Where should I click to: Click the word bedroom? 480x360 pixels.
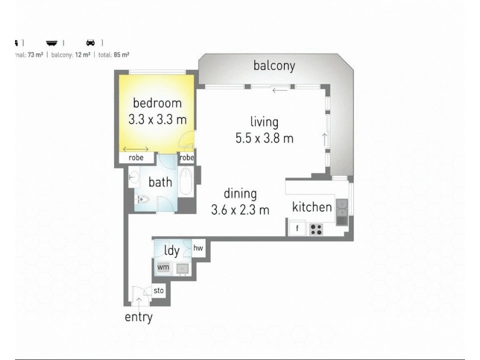click(x=157, y=103)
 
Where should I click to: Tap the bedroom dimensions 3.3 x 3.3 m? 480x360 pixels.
click(x=157, y=119)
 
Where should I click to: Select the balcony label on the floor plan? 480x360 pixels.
click(x=274, y=65)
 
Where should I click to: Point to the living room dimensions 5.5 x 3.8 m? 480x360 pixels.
click(x=265, y=139)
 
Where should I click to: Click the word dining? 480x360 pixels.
click(x=240, y=194)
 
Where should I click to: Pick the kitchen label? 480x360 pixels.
click(x=312, y=208)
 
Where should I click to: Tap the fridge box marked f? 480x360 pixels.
click(x=296, y=229)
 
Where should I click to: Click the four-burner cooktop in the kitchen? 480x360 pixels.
click(x=316, y=229)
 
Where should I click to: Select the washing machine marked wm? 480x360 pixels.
click(x=163, y=267)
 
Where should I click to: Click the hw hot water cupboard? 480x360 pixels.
click(x=198, y=247)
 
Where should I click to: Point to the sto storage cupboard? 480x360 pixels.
click(x=159, y=290)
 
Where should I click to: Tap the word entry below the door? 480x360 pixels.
click(x=139, y=317)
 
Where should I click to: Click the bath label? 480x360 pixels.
click(x=160, y=182)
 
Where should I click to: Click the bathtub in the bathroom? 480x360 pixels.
click(x=186, y=183)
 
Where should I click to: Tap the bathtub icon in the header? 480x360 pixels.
click(x=53, y=43)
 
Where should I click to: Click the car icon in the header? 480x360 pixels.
click(x=91, y=43)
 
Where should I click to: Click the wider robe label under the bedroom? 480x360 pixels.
click(x=136, y=158)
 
